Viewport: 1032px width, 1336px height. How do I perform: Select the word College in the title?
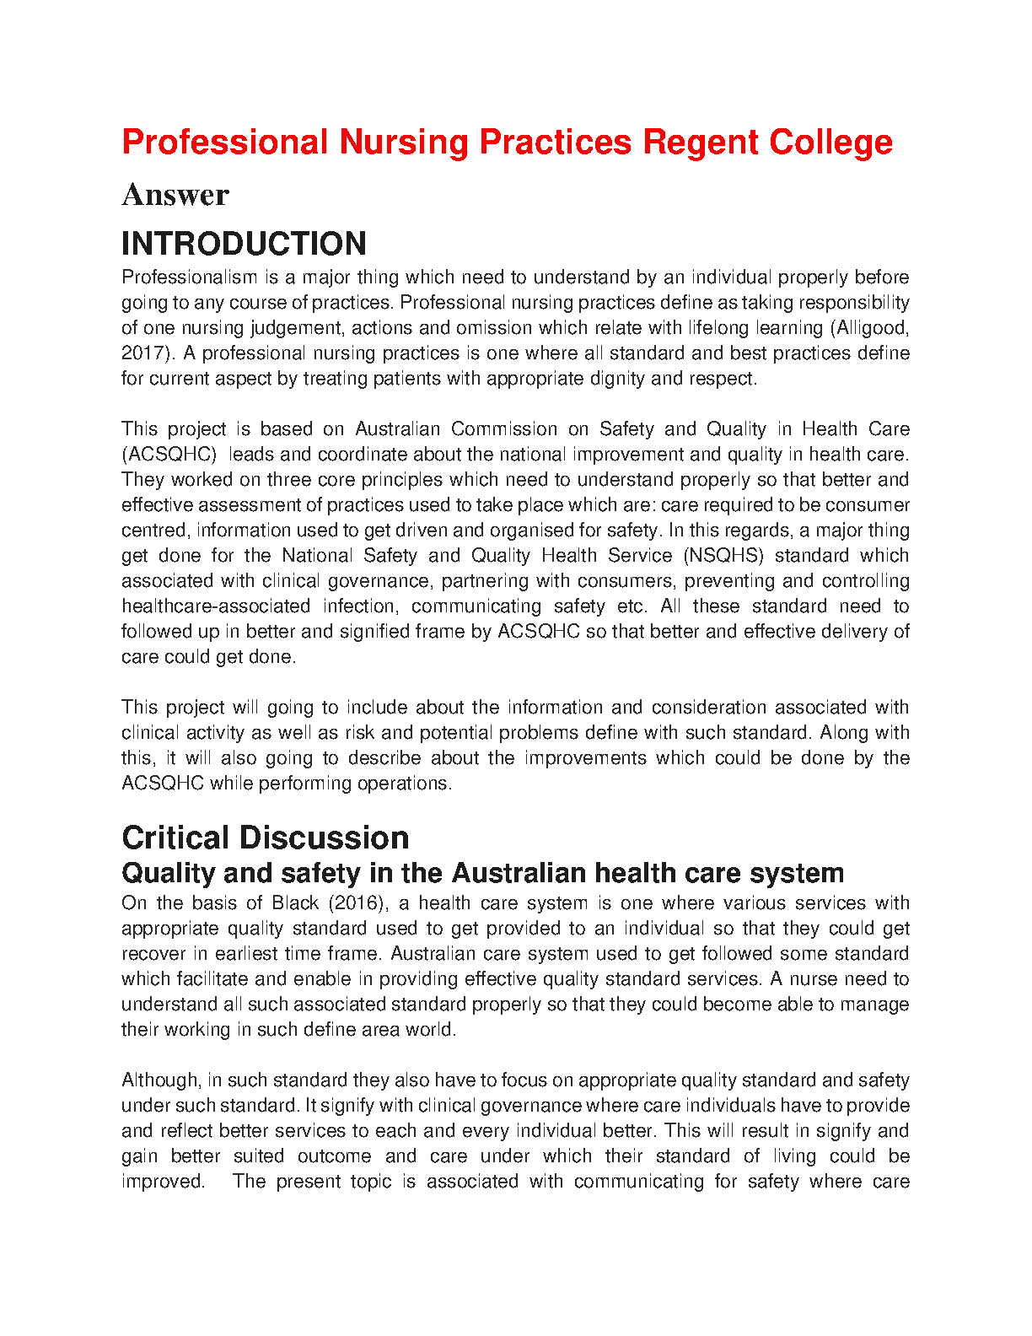point(830,142)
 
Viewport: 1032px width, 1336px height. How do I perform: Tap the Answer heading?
point(175,195)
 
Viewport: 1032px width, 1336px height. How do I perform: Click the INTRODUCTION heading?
point(244,244)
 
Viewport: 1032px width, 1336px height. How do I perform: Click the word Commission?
point(503,429)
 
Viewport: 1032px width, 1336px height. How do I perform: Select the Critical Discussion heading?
point(266,838)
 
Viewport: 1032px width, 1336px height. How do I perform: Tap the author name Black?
point(295,903)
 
